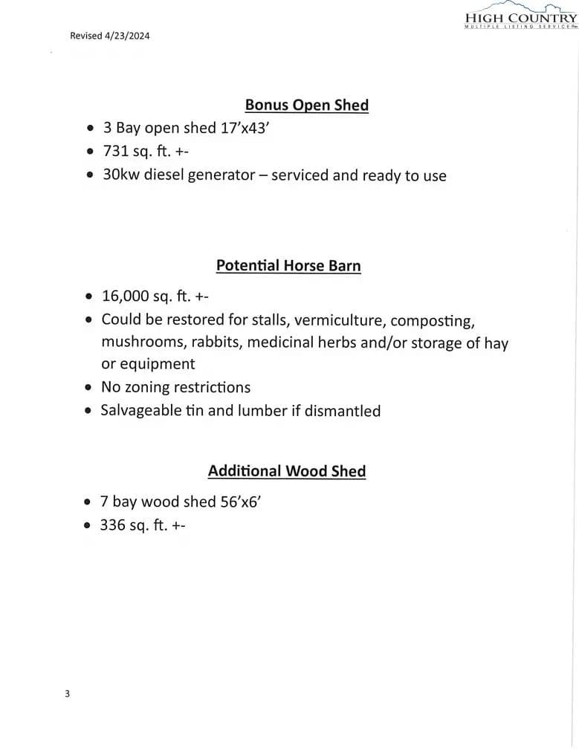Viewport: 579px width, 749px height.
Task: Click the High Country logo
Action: coord(520,16)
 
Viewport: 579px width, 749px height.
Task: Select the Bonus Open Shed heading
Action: coord(306,105)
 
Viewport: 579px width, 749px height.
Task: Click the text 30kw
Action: coord(120,175)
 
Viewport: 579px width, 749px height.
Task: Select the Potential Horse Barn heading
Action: coord(288,265)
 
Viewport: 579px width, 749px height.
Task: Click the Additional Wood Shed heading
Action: coord(287,471)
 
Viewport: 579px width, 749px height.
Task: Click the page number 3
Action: coord(68,694)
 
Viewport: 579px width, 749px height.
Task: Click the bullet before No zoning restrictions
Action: coord(88,387)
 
